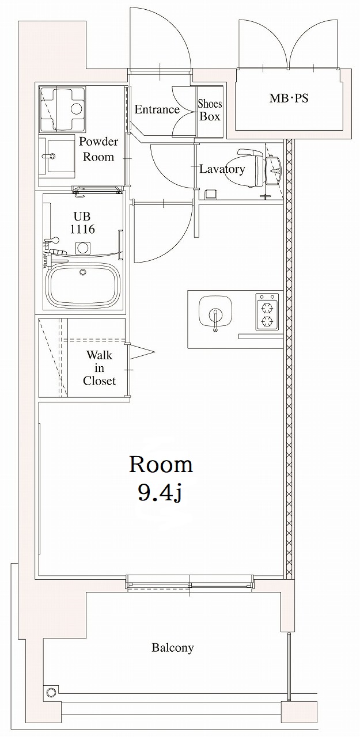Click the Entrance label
tap(157, 109)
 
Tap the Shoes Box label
tap(210, 110)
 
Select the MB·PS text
tap(289, 98)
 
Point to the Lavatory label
tap(222, 169)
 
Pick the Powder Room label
tap(98, 149)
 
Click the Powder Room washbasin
tap(60, 155)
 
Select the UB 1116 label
tap(82, 223)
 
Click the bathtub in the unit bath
tap(84, 286)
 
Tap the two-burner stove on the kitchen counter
tap(267, 311)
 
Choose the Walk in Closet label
tap(99, 368)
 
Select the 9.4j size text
tap(160, 492)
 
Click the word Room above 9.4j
tap(161, 464)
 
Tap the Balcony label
tap(173, 648)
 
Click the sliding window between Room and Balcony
tap(190, 583)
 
